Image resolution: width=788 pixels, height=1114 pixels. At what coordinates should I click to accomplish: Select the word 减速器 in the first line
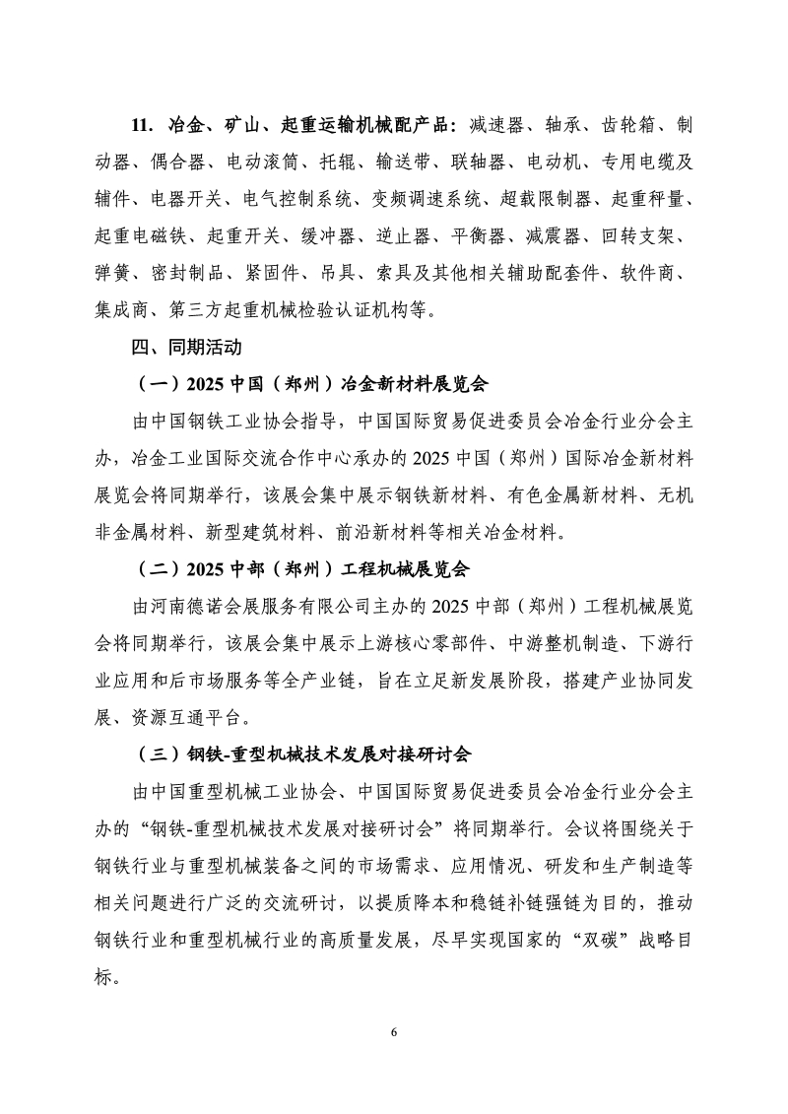500,126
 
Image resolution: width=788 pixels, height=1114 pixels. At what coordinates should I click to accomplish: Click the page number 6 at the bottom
394,1031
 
